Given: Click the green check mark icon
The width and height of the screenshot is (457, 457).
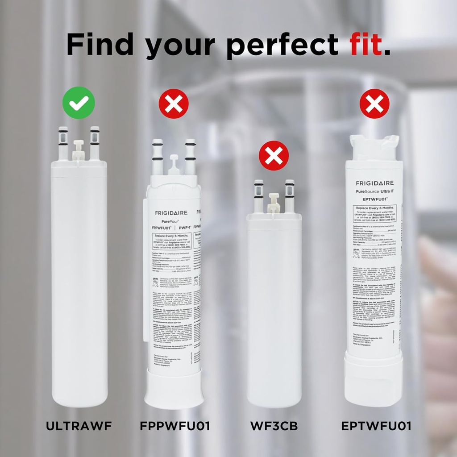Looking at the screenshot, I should click(x=79, y=103).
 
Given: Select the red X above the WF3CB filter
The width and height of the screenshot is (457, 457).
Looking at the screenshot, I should click(x=274, y=156).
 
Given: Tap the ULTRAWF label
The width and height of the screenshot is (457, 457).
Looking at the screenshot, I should click(x=79, y=426).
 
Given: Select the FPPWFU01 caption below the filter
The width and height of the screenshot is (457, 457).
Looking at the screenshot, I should click(x=174, y=426).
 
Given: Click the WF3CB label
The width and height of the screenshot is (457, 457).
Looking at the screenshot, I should click(x=274, y=426).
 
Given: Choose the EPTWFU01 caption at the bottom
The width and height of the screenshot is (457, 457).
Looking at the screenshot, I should click(x=376, y=426).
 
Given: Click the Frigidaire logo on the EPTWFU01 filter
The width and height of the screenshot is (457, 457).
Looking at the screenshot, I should click(x=374, y=183).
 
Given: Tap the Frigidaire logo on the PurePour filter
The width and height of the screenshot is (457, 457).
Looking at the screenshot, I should click(x=171, y=212).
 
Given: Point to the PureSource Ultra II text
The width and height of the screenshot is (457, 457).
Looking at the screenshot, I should click(x=374, y=191).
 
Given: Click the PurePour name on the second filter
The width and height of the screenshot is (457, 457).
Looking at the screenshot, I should click(x=165, y=220).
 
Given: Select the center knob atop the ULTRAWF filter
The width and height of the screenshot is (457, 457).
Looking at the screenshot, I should click(x=79, y=149).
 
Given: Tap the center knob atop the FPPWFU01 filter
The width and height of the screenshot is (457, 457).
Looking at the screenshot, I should click(x=174, y=164).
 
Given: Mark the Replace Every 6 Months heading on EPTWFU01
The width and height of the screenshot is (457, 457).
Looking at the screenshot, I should click(x=374, y=208).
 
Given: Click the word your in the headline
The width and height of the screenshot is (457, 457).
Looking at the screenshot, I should click(x=181, y=46).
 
